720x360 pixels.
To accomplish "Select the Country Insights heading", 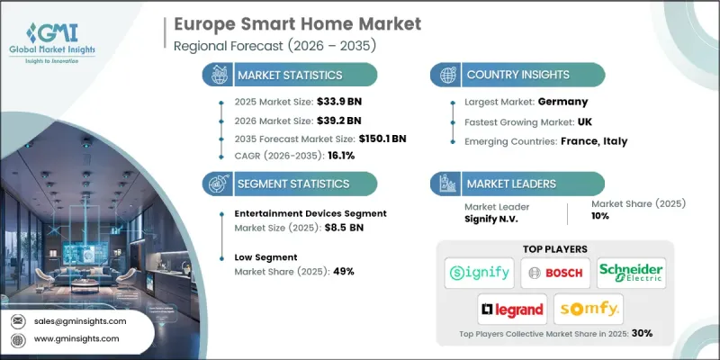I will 521,75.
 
